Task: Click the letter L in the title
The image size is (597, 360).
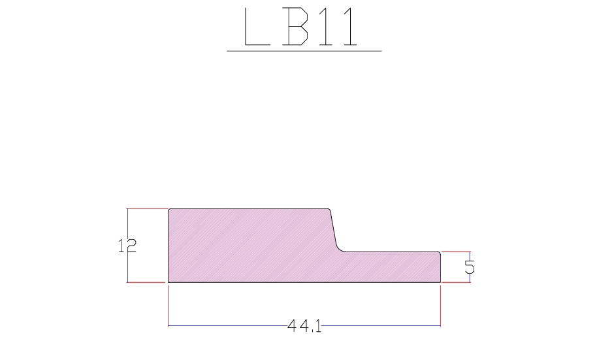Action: (x=257, y=26)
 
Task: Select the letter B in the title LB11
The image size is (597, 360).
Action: (x=295, y=26)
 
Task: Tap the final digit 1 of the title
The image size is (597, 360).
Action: (x=351, y=26)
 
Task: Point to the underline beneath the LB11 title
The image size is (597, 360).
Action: (x=304, y=51)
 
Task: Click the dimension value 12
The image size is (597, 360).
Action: (x=127, y=246)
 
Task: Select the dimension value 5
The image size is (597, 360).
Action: (x=470, y=267)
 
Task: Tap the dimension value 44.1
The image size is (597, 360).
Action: (x=304, y=326)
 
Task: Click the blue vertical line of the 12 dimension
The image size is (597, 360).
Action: (x=128, y=246)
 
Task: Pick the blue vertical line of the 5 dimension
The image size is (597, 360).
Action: (x=470, y=267)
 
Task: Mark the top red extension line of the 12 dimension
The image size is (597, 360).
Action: (x=148, y=209)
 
